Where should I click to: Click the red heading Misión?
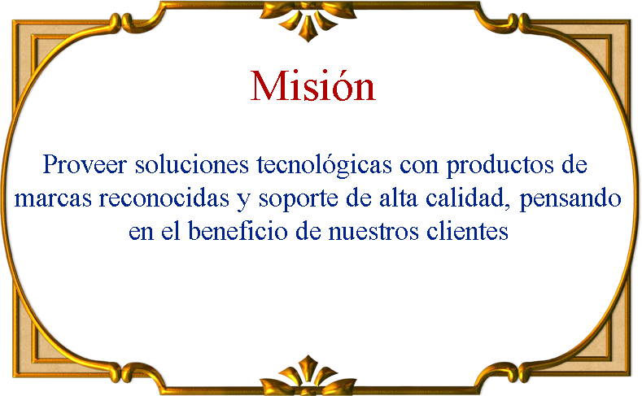(312, 86)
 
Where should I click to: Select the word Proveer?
(85, 164)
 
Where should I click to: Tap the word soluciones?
(192, 164)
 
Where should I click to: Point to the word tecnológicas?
(325, 166)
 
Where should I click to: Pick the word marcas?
(53, 198)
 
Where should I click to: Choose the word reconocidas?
(164, 198)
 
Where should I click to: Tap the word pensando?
(570, 200)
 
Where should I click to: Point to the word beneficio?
(238, 231)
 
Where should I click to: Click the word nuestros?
(373, 232)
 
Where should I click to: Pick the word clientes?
(467, 231)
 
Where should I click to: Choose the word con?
(419, 166)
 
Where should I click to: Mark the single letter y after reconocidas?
(243, 202)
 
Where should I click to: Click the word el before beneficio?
(170, 231)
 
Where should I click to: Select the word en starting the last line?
(141, 233)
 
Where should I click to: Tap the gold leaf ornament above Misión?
(308, 20)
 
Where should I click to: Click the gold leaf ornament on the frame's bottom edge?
(308, 376)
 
